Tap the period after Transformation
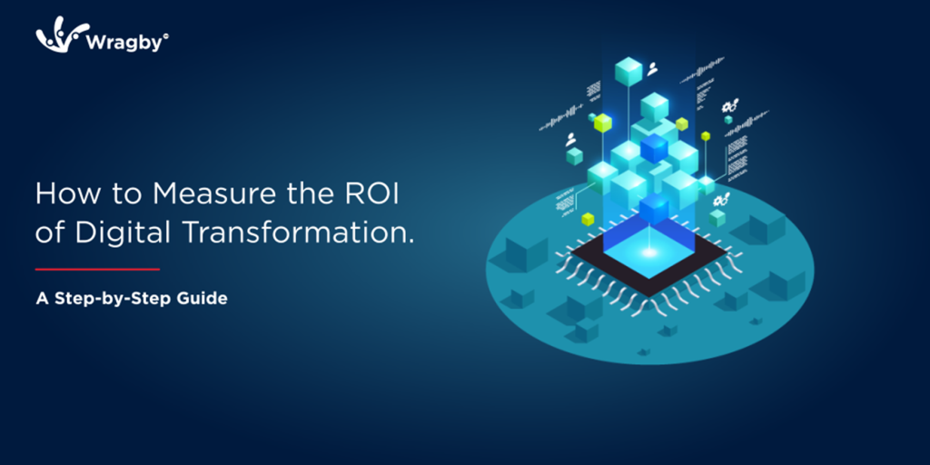pos(411,242)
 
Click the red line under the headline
pos(97,269)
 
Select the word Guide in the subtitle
pos(204,298)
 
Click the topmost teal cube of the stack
pos(628,71)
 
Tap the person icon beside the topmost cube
pos(652,67)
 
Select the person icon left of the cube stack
pos(571,140)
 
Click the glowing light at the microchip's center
pos(650,250)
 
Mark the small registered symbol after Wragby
pos(165,37)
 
